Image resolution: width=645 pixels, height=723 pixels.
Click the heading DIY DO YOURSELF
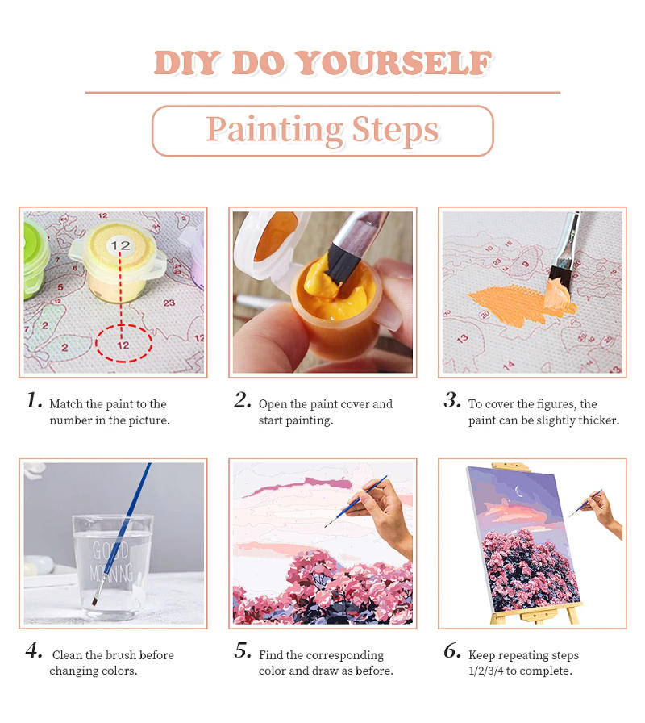pyautogui.click(x=322, y=63)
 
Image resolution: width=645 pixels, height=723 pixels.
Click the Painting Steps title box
pyautogui.click(x=322, y=130)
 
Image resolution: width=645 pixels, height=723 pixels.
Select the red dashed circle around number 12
pyautogui.click(x=123, y=345)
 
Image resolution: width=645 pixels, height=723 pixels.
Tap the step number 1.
pyautogui.click(x=33, y=401)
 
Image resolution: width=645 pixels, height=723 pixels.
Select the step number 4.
pyautogui.click(x=33, y=652)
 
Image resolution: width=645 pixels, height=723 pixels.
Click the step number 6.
pyautogui.click(x=452, y=652)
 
